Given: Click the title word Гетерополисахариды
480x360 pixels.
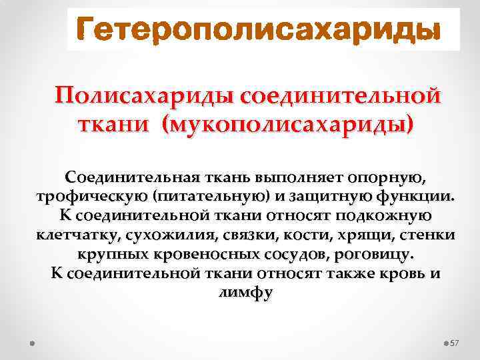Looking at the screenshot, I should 259,30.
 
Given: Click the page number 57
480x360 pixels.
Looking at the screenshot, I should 455,343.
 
